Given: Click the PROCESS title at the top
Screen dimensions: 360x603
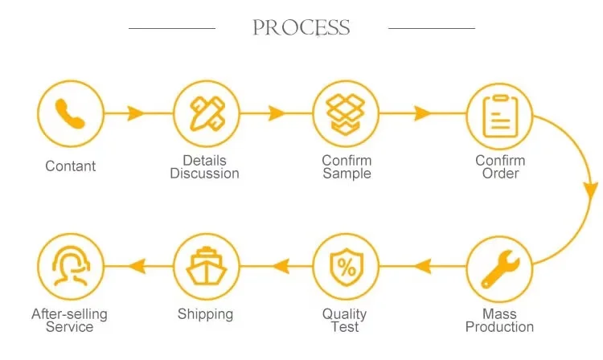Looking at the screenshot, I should click(301, 28).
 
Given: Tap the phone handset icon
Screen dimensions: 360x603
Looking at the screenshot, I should click(71, 114).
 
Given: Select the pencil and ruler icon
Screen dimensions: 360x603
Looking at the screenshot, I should click(207, 114).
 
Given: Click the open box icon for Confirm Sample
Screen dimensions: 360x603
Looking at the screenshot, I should click(346, 114).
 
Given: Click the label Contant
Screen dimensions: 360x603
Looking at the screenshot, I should click(71, 166).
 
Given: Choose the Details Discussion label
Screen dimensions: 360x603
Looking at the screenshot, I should click(204, 167).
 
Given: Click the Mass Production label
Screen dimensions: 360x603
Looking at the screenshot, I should click(499, 320).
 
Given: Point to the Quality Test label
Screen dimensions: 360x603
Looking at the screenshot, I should click(344, 320).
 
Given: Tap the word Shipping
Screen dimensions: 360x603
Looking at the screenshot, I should click(205, 314).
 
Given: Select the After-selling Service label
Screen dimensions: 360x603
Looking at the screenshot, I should click(69, 320).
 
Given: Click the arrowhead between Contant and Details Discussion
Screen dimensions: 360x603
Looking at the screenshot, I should click(136, 114).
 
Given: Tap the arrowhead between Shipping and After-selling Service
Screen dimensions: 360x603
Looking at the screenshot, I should click(137, 266).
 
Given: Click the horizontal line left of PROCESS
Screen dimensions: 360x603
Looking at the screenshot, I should click(172, 29).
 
